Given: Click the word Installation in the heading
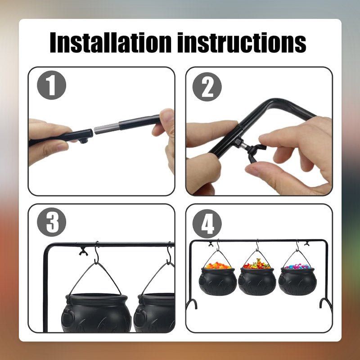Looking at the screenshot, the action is pyautogui.click(x=111, y=43).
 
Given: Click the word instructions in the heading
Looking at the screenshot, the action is pyautogui.click(x=242, y=43).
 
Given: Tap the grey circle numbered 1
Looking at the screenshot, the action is pyautogui.click(x=51, y=85).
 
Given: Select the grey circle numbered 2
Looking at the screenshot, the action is pyautogui.click(x=207, y=87).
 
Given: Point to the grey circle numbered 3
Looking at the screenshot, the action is pyautogui.click(x=51, y=222).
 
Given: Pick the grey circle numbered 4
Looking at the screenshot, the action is pyautogui.click(x=207, y=224).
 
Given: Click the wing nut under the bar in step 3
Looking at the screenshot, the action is pyautogui.click(x=83, y=252).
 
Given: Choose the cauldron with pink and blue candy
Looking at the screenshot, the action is pyautogui.click(x=297, y=279).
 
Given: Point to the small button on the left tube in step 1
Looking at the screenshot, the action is pyautogui.click(x=84, y=140).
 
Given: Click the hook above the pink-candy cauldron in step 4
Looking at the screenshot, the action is pyautogui.click(x=297, y=246).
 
